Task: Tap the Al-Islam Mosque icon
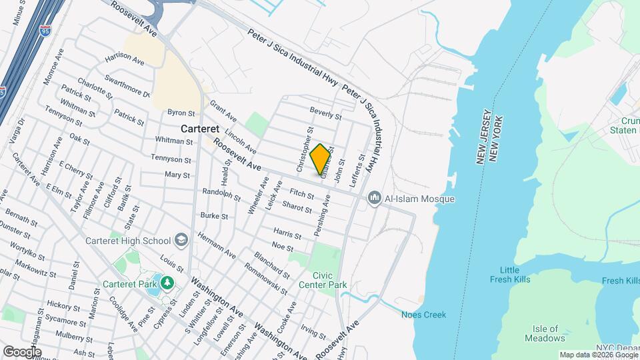click(375, 199)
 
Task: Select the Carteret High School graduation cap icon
click(181, 240)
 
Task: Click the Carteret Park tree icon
click(167, 283)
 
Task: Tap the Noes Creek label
click(423, 315)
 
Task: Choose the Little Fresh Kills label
click(515, 275)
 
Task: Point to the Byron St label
click(181, 113)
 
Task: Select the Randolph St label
click(222, 195)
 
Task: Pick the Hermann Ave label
click(217, 245)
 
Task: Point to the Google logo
click(21, 352)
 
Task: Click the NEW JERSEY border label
click(484, 136)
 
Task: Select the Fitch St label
click(301, 194)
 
